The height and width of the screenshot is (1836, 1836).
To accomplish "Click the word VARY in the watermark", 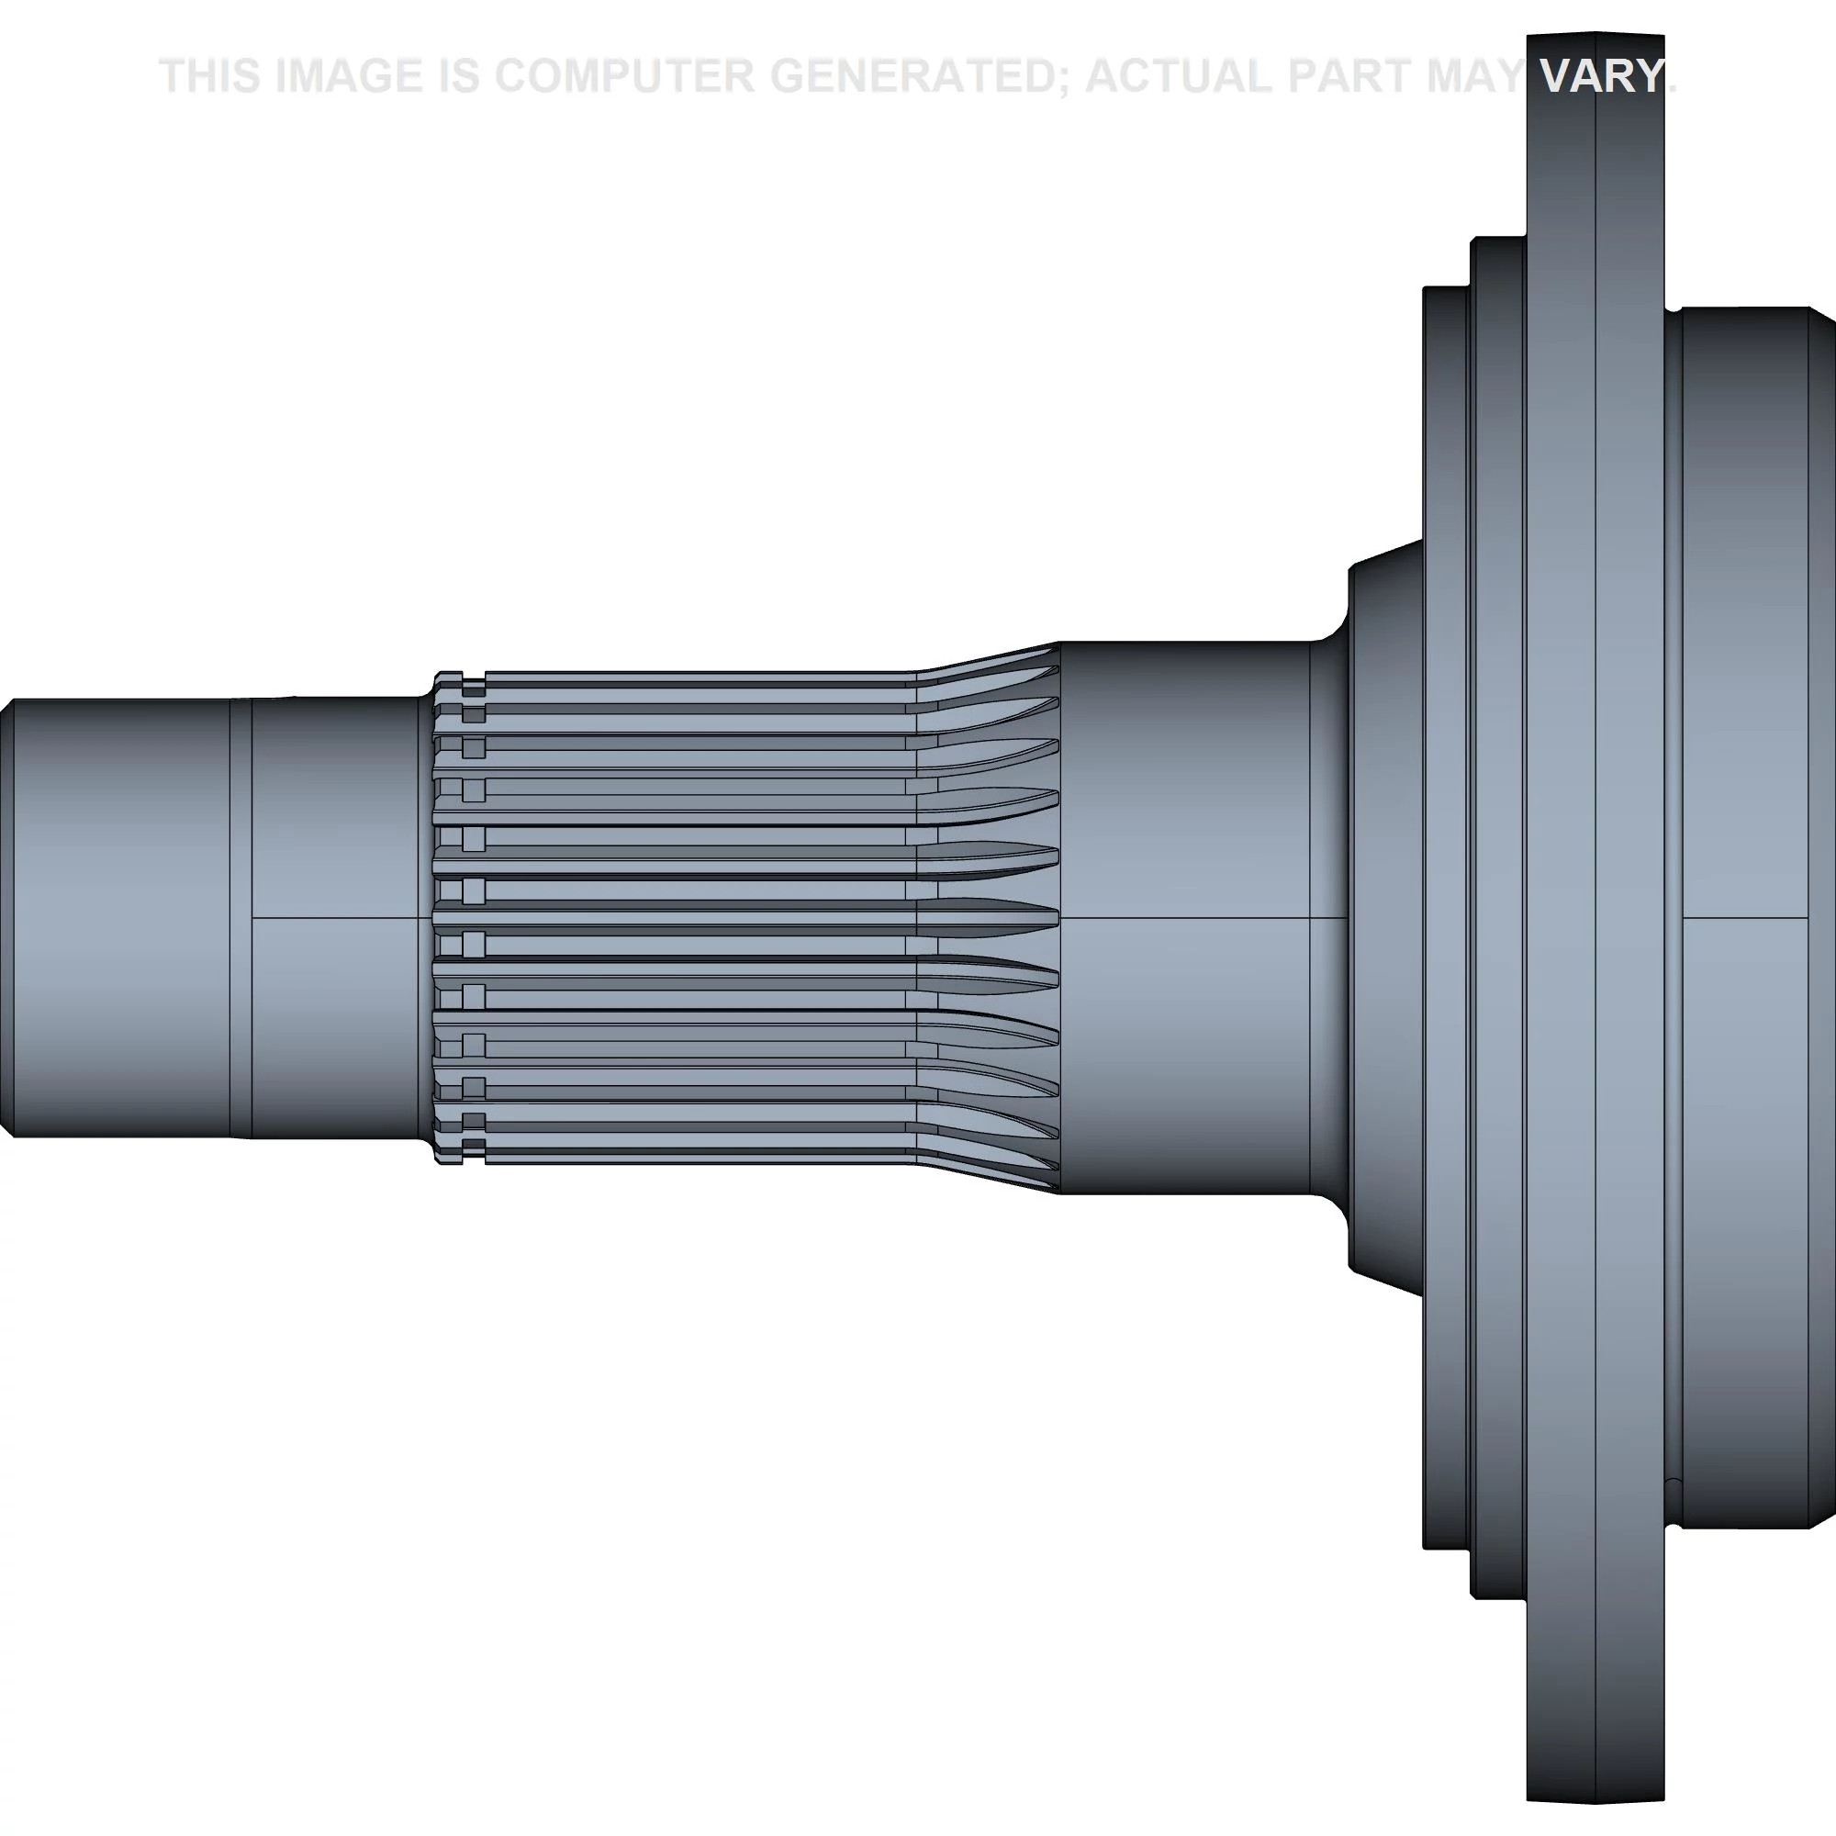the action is click(1601, 76).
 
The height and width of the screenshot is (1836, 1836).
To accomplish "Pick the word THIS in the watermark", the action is click(210, 76).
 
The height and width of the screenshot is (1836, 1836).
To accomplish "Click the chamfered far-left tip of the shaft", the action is click(6, 918).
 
